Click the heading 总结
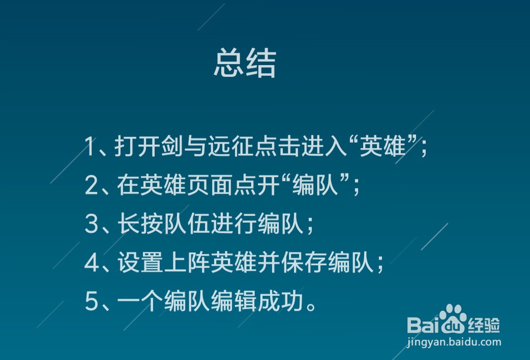coord(245,63)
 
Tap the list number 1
coord(90,146)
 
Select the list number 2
coord(91,185)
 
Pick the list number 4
coord(92,262)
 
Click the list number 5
coord(91,301)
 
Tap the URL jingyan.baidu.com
coord(454,342)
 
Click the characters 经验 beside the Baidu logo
coord(484,325)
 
